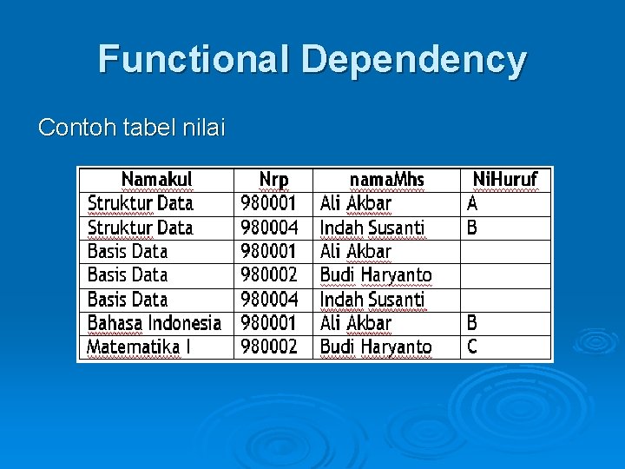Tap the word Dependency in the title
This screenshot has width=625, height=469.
tap(414, 60)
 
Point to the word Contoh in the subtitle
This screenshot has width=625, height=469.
tap(74, 129)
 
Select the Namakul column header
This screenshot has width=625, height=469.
tap(156, 180)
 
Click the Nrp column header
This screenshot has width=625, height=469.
tap(273, 180)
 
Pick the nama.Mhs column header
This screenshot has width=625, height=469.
tap(386, 180)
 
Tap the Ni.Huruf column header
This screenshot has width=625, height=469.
tap(504, 180)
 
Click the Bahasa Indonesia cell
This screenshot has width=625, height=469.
tap(155, 323)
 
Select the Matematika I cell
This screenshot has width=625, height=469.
tap(139, 347)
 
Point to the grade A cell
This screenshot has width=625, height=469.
tap(472, 203)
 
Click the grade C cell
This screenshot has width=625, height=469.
tap(472, 347)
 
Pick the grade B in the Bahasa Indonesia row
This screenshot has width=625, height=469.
tap(472, 323)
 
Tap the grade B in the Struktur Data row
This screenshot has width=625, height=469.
tap(472, 228)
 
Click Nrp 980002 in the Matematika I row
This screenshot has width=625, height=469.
tap(269, 347)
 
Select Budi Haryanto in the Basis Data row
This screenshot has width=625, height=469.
tap(376, 275)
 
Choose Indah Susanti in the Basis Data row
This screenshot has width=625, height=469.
tap(372, 300)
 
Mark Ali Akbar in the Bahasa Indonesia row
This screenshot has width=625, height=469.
tap(356, 323)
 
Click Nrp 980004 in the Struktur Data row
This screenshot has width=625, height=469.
tap(269, 228)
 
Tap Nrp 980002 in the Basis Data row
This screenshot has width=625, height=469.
tap(269, 275)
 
